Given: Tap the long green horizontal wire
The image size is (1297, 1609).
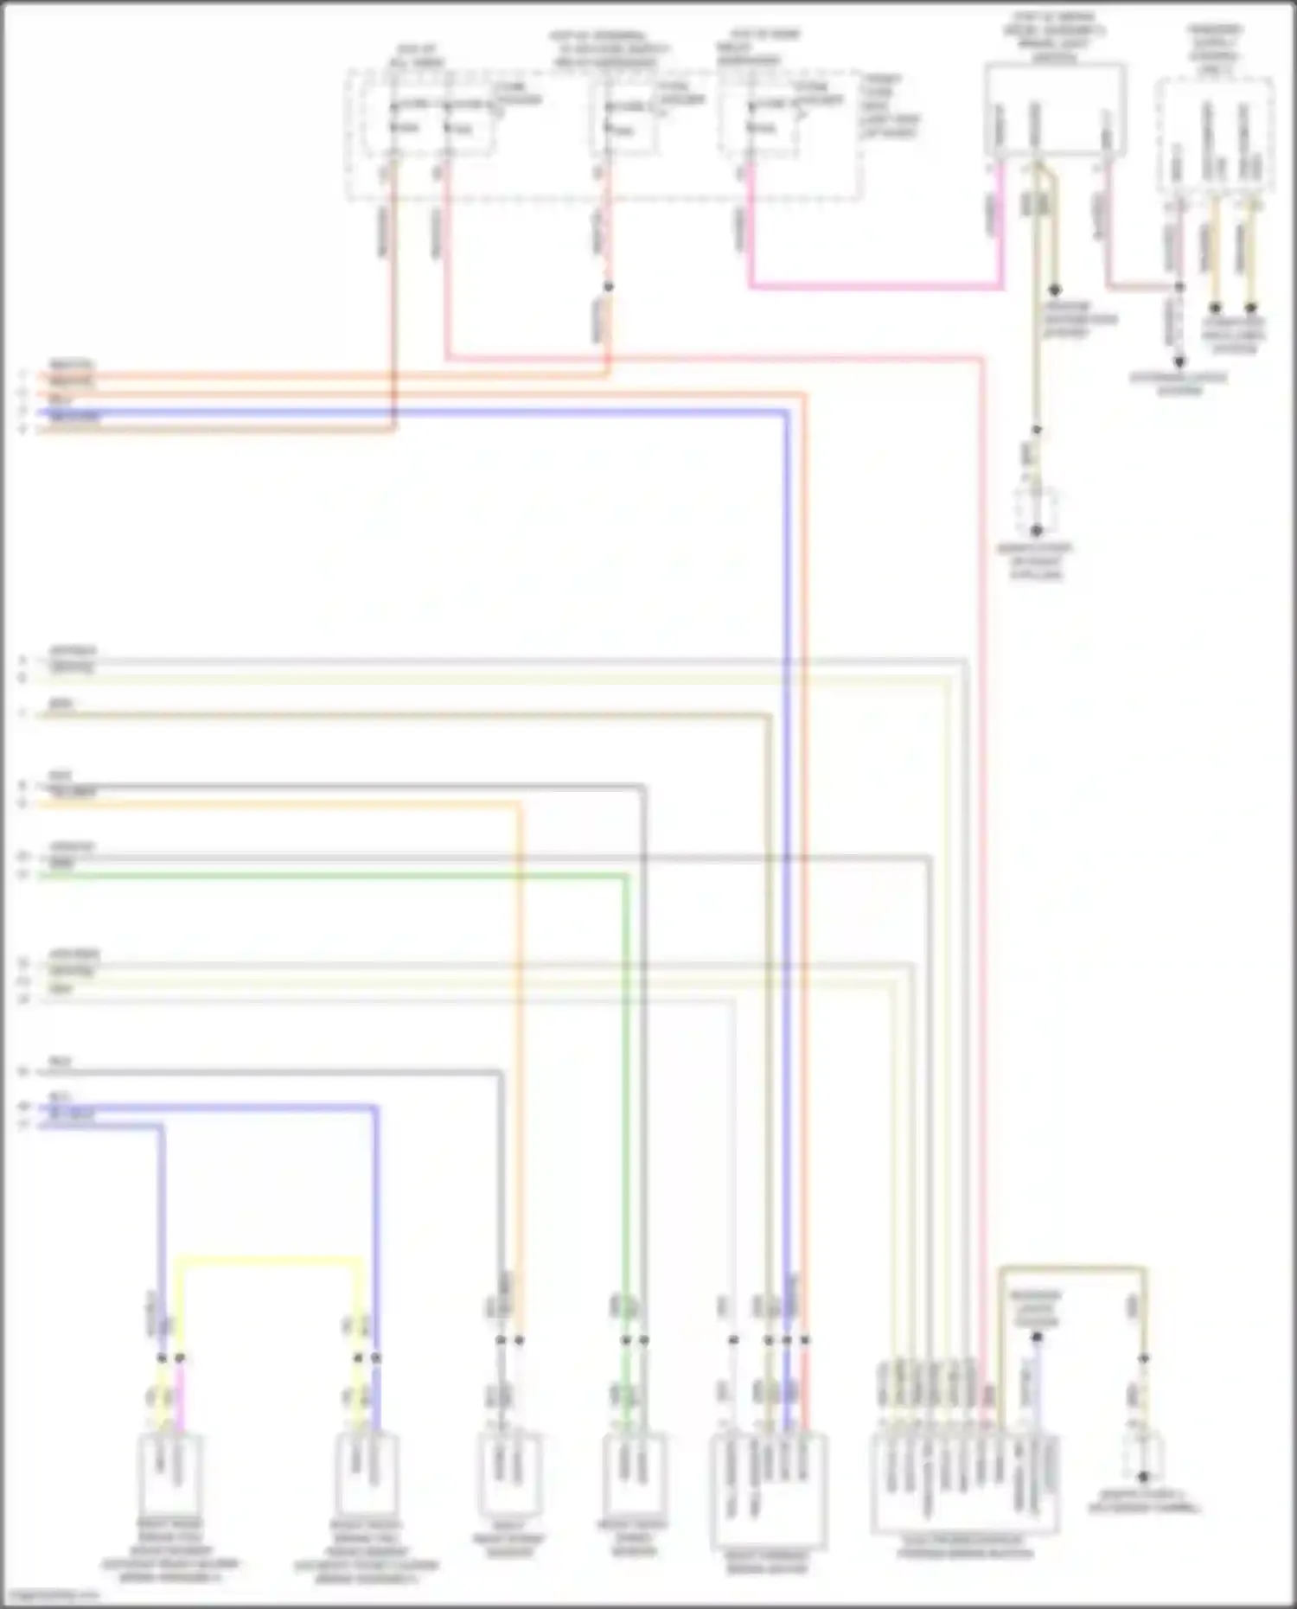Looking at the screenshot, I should [x=329, y=875].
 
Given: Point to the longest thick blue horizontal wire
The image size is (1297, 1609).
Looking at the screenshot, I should [x=415, y=413].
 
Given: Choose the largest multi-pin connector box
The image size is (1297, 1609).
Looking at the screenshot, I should [x=964, y=1484].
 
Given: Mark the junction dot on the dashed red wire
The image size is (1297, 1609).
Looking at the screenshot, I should [x=608, y=287].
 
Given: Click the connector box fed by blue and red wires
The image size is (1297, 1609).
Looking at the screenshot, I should [x=769, y=1488].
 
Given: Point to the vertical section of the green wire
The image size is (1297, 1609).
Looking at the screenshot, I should [x=626, y=1081].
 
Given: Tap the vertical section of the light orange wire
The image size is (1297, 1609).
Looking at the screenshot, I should [x=520, y=1038].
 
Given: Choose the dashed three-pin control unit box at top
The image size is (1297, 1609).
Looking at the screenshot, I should [x=1214, y=134].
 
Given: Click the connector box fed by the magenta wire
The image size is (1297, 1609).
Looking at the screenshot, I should [x=169, y=1475].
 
